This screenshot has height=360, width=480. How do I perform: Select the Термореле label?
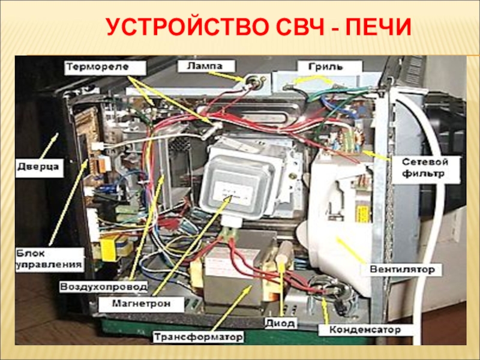[x=106, y=66]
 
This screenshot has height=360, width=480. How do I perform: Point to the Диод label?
[x=280, y=323]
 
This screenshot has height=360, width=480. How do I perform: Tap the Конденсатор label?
[x=364, y=330]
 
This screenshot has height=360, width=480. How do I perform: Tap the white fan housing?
[x=336, y=228]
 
